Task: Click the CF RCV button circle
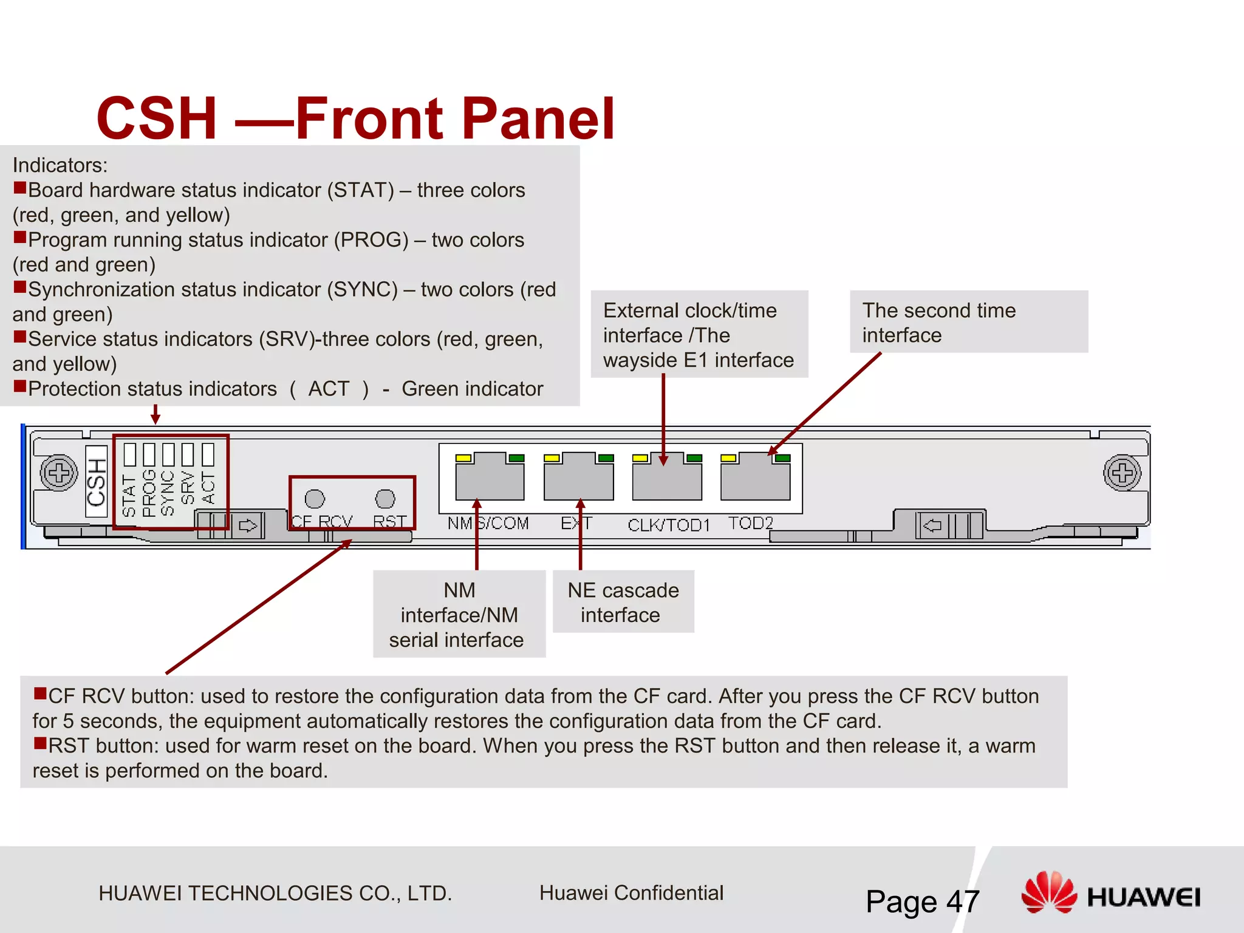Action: coord(315,499)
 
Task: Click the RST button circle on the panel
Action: coord(385,499)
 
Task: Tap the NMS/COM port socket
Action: coord(490,479)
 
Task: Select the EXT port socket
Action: coord(578,479)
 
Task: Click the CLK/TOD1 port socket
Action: coord(667,479)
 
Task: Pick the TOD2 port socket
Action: coord(755,479)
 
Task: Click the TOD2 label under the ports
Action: coord(751,523)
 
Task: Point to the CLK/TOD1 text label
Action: coord(669,524)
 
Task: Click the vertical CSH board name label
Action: coord(97,481)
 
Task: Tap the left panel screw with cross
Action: coord(59,473)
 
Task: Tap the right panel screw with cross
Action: coord(1122,473)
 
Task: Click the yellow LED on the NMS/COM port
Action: coord(463,458)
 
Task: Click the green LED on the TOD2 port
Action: coord(783,458)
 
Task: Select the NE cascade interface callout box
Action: coord(623,602)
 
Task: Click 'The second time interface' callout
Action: coord(968,322)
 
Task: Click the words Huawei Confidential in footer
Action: coord(631,893)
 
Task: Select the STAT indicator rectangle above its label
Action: coord(129,454)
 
